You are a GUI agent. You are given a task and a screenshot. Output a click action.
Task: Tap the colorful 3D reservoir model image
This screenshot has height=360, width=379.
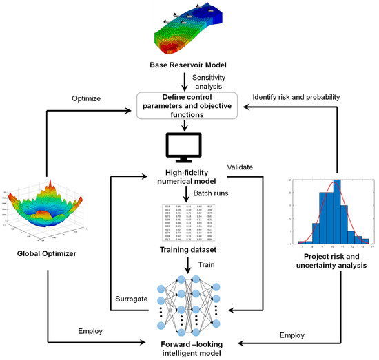pos(190,31)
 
